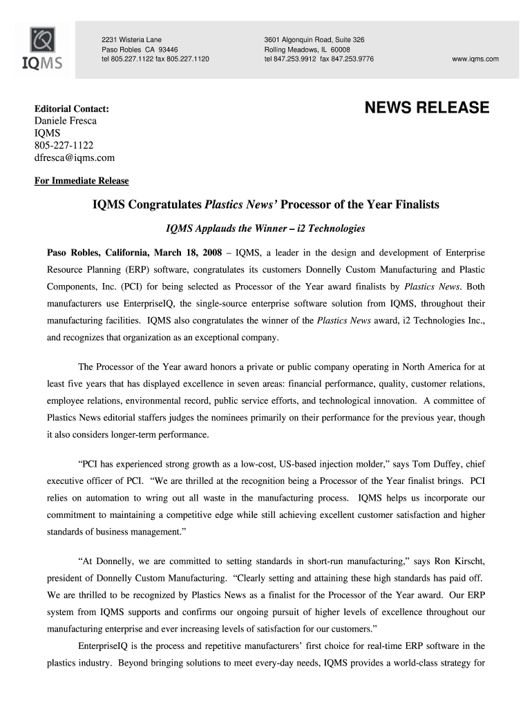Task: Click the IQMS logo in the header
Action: [x=44, y=49]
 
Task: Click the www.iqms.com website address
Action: [x=475, y=59]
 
